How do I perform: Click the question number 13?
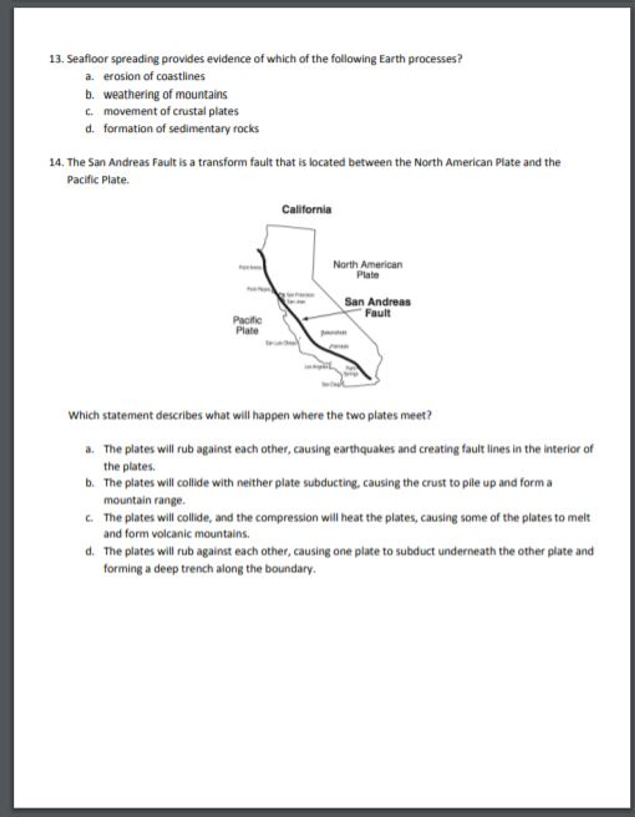pyautogui.click(x=57, y=59)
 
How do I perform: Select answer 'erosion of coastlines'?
pyautogui.click(x=154, y=76)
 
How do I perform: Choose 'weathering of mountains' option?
pyautogui.click(x=165, y=94)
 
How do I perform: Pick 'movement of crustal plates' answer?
pyautogui.click(x=171, y=111)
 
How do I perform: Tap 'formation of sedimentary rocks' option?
pyautogui.click(x=181, y=129)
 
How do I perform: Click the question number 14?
pyautogui.click(x=57, y=162)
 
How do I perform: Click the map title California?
pyautogui.click(x=306, y=209)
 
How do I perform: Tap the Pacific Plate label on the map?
pyautogui.click(x=247, y=325)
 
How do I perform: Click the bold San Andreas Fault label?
pyautogui.click(x=377, y=307)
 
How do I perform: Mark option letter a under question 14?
pyautogui.click(x=89, y=449)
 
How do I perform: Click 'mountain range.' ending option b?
pyautogui.click(x=144, y=500)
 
